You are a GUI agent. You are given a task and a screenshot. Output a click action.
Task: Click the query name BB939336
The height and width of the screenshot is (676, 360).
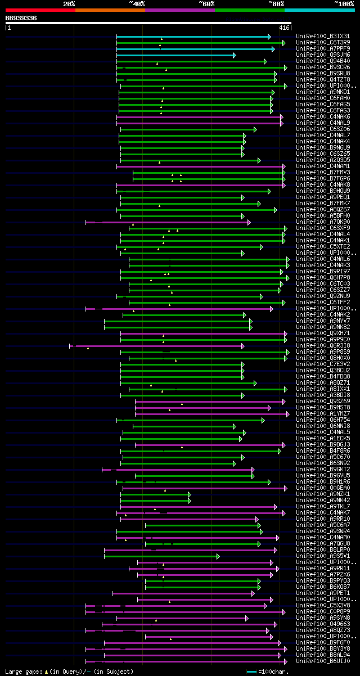(x=21, y=18)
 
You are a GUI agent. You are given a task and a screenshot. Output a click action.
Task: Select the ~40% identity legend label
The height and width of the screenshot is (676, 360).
(x=137, y=4)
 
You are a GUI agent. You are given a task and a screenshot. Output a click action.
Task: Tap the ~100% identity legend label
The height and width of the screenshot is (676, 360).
(x=344, y=4)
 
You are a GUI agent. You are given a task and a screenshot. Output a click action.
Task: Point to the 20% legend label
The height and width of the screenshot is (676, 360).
(x=69, y=4)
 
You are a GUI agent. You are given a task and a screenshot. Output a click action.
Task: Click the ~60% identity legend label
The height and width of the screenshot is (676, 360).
(x=206, y=4)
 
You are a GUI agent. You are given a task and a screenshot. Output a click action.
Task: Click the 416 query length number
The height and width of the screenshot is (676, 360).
(x=284, y=27)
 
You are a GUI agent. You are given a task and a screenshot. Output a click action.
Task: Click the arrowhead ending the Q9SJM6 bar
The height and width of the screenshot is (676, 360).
(x=235, y=55)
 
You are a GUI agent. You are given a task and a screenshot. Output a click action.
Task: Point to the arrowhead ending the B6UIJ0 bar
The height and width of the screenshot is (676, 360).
(x=282, y=661)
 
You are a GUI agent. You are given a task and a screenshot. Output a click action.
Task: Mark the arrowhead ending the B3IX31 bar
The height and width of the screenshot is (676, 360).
(x=269, y=37)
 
